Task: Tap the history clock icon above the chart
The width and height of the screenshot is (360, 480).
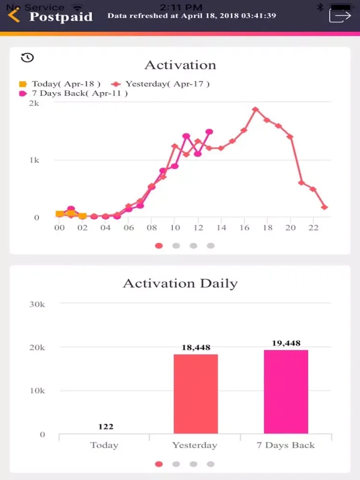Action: (x=27, y=58)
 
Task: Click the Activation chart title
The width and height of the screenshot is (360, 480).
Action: (x=180, y=65)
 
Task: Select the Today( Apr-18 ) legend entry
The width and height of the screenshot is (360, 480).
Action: (x=60, y=84)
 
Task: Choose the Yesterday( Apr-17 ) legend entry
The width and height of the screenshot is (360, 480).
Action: (x=162, y=84)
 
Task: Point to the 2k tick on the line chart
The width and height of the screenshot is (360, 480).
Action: (x=34, y=103)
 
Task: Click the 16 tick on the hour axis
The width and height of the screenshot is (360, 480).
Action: (x=244, y=228)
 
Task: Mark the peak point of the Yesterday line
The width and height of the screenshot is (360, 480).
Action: (x=255, y=109)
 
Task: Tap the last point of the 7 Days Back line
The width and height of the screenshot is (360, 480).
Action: (x=209, y=132)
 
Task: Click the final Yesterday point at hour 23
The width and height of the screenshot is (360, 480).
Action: (x=324, y=207)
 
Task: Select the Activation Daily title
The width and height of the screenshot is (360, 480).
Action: (x=180, y=283)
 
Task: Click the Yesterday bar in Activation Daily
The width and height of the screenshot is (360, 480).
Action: (x=195, y=394)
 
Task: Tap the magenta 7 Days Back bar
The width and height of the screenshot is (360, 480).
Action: (x=286, y=391)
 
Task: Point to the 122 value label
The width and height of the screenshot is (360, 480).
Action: (x=105, y=426)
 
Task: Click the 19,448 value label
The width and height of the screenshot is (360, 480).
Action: (x=286, y=343)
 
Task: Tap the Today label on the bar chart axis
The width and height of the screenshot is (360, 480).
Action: (x=104, y=445)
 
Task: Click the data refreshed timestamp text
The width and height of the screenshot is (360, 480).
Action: (x=192, y=15)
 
